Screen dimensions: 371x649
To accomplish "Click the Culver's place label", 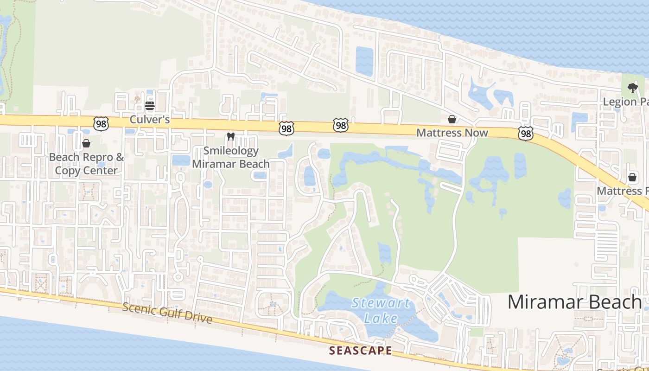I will [x=149, y=120].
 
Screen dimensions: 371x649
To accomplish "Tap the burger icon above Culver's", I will [x=149, y=106].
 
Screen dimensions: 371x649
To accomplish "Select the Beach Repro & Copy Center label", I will [x=87, y=164].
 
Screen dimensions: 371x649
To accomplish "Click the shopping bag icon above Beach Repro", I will [x=86, y=143].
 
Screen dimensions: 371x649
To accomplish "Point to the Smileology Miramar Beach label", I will [x=230, y=157].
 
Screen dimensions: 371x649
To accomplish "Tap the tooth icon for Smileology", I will [x=230, y=137].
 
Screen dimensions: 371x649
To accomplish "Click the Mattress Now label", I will [x=452, y=133].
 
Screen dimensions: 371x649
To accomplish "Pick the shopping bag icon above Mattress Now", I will [x=452, y=120].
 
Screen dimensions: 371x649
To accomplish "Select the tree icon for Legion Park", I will [x=632, y=88].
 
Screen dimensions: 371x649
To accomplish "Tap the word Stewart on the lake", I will [x=381, y=304].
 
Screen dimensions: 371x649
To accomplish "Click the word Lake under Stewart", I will [x=381, y=318].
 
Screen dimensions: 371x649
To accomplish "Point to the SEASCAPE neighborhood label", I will [x=361, y=351].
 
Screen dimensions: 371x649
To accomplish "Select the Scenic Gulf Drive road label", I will [x=167, y=313].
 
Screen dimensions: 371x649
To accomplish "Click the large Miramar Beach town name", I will [x=574, y=302].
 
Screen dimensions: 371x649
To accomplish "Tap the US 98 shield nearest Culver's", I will [x=101, y=123].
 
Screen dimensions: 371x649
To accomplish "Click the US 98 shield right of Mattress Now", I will [x=526, y=134].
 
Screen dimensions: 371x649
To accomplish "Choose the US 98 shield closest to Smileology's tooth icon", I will [x=286, y=129].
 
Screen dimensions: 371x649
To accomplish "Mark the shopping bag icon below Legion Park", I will [x=632, y=177].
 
